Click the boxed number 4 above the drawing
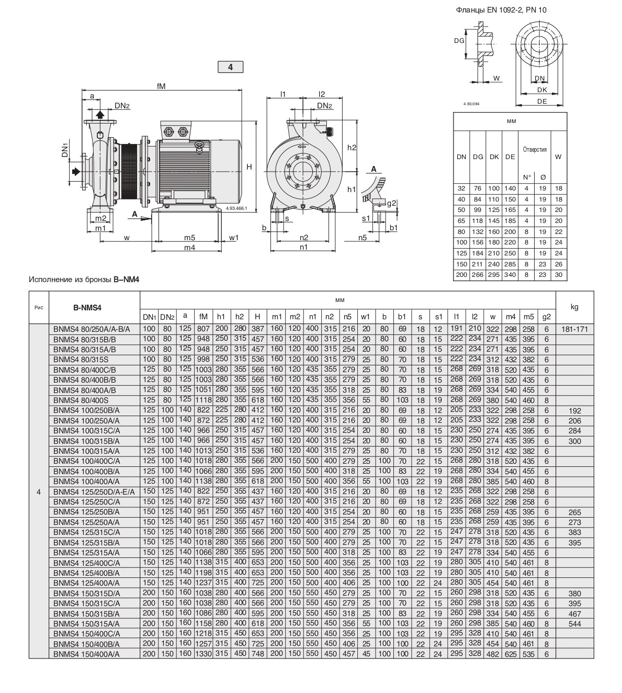pos(230,67)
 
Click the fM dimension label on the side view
pos(161,86)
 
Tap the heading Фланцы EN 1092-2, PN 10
pos(502,9)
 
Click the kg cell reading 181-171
pos(574,329)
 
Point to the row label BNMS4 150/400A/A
pos(86,654)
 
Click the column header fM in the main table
pos(203,317)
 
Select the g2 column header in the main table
pos(547,317)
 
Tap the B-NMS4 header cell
pos(94,308)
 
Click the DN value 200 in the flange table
pos(461,274)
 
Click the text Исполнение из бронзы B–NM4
pos(84,280)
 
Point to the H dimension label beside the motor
pos(250,167)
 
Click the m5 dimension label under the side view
pos(189,238)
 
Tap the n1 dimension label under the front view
pos(303,248)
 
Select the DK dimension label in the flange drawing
pos(541,90)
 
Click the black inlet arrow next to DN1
pos(76,171)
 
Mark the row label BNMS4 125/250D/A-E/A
pos(94,491)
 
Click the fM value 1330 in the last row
pos(203,654)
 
